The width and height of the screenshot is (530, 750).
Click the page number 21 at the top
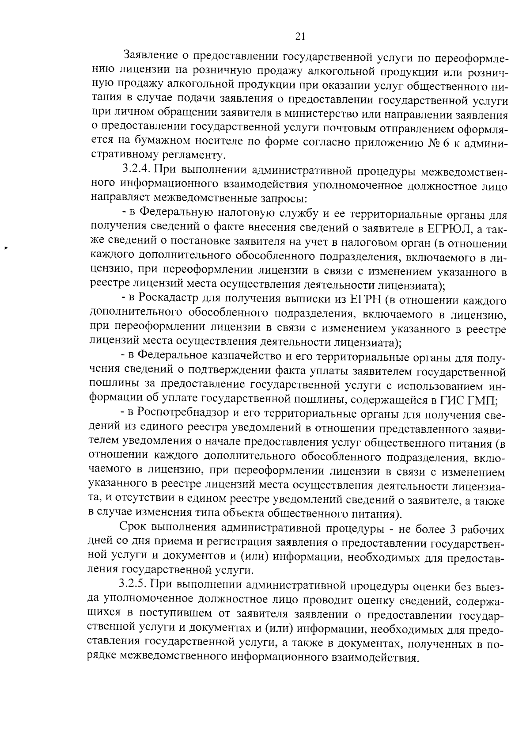click(299, 37)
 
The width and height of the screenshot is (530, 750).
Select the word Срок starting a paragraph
click(133, 529)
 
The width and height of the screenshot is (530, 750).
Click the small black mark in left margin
click(6, 248)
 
